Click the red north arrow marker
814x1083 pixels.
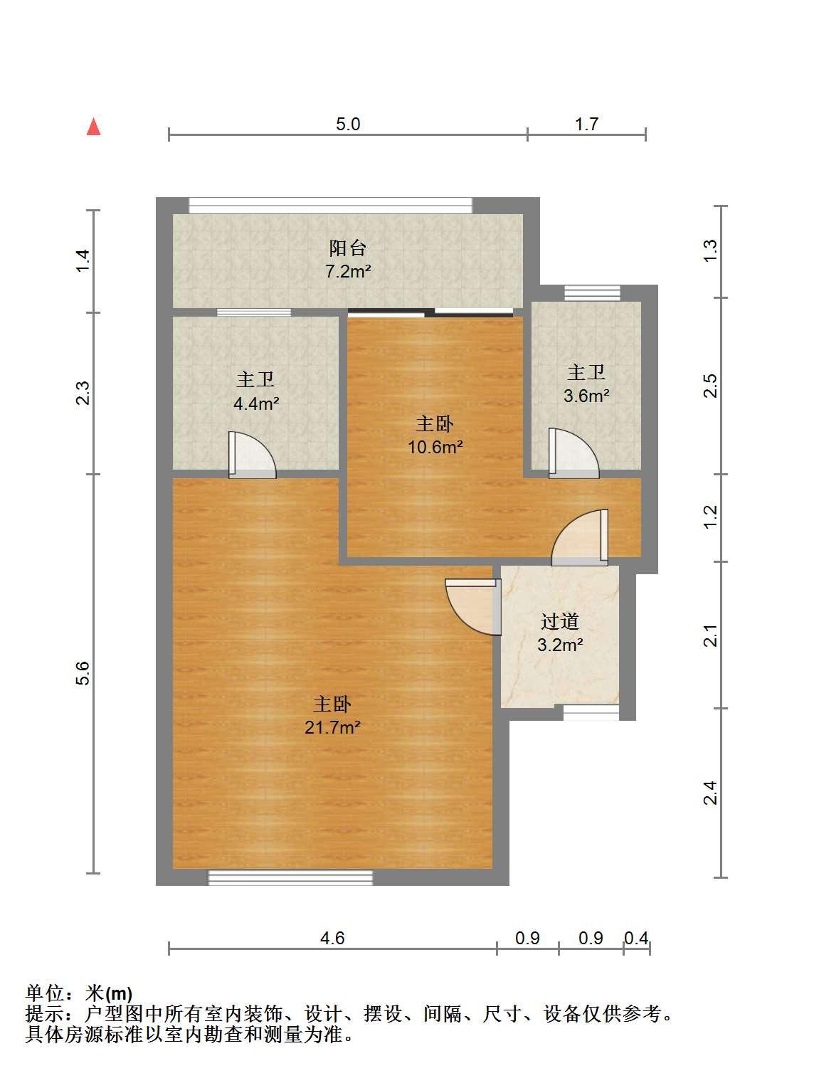point(94,127)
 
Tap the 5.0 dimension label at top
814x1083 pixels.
point(348,124)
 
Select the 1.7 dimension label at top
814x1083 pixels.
point(586,124)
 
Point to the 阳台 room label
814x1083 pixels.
point(348,248)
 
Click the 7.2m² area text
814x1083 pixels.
point(348,271)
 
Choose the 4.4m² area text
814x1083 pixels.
point(256,403)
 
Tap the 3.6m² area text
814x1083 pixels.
point(586,396)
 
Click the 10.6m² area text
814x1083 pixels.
point(435,447)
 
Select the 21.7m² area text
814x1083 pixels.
point(332,727)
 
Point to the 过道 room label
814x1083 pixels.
point(559,622)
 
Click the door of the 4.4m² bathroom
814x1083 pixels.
point(252,455)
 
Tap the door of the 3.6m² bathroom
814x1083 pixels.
point(573,453)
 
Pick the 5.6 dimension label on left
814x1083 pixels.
point(83,673)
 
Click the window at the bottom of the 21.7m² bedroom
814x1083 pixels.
point(290,878)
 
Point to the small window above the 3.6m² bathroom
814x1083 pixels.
point(592,293)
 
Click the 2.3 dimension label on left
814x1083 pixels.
point(83,393)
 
